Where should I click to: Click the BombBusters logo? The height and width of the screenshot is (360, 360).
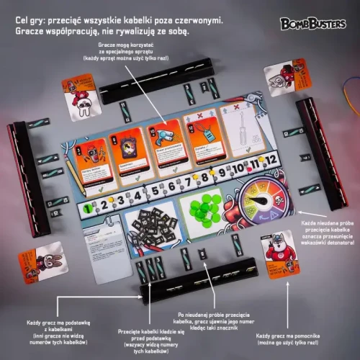tap(314, 22)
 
